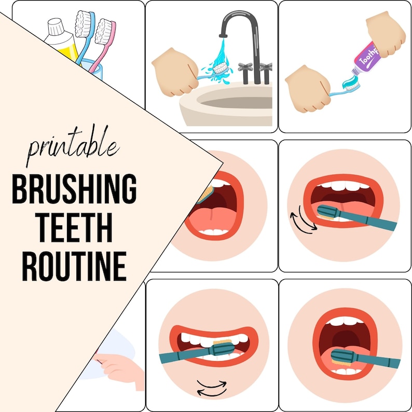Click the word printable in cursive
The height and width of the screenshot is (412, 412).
[72, 146]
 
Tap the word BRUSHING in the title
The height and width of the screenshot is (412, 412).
[74, 189]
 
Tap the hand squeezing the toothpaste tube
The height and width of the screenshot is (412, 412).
[386, 33]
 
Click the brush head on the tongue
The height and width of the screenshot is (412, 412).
[343, 359]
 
